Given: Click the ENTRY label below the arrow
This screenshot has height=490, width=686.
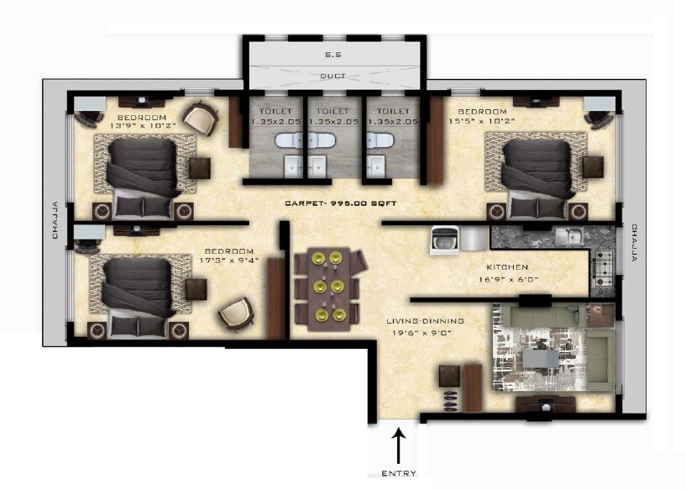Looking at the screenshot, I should tap(398, 473).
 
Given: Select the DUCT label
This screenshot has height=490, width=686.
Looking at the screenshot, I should tap(332, 76).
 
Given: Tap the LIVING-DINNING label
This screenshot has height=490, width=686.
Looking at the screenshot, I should tap(425, 321).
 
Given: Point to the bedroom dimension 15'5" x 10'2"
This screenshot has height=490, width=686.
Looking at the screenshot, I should tap(482, 121).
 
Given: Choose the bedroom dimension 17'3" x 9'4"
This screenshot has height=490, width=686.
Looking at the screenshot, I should tap(229, 260).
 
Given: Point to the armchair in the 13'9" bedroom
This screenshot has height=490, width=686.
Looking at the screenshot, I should tap(201, 118).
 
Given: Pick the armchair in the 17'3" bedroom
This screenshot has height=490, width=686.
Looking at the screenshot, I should tap(234, 315).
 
